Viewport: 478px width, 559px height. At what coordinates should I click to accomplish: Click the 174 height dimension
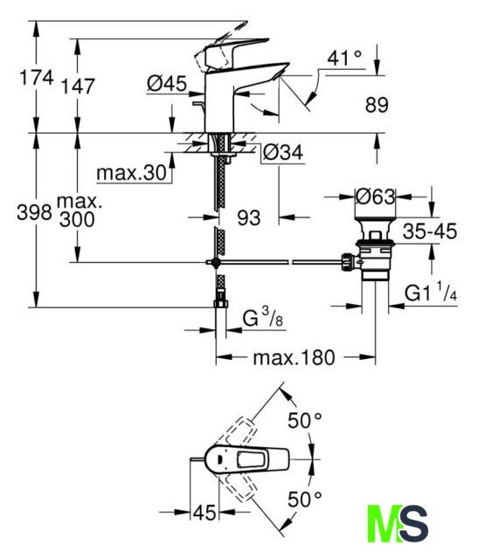click(x=37, y=78)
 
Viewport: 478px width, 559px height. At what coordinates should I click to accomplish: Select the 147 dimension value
click(x=78, y=86)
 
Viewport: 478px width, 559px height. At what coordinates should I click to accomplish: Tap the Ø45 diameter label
click(x=167, y=84)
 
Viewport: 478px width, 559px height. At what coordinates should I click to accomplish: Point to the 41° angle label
click(x=344, y=58)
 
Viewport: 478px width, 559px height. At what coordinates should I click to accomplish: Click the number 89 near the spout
click(x=377, y=105)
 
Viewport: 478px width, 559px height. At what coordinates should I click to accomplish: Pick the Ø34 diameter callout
click(x=283, y=153)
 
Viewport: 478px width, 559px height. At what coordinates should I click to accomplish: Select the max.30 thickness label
click(x=132, y=173)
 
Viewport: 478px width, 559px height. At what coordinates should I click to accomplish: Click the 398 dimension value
click(x=35, y=213)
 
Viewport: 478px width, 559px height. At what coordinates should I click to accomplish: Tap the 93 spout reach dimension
click(x=249, y=217)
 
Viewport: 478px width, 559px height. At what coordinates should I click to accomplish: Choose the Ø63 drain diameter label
click(x=376, y=197)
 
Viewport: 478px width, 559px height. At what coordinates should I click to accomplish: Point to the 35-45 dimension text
click(x=430, y=231)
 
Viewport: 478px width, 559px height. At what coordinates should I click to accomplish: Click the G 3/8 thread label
click(x=263, y=317)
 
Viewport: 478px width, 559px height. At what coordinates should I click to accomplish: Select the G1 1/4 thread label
click(x=431, y=292)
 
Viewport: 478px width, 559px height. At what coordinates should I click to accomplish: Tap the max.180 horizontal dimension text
click(x=294, y=357)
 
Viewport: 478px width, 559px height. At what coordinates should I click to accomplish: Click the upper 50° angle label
click(x=305, y=420)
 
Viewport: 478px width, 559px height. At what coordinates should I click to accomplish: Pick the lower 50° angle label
click(x=305, y=499)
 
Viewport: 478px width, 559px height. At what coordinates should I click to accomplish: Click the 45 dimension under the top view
click(x=204, y=513)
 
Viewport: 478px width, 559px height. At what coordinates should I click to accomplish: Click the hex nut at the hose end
click(x=221, y=303)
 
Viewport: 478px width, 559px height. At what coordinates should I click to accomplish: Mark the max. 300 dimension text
click(x=78, y=211)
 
